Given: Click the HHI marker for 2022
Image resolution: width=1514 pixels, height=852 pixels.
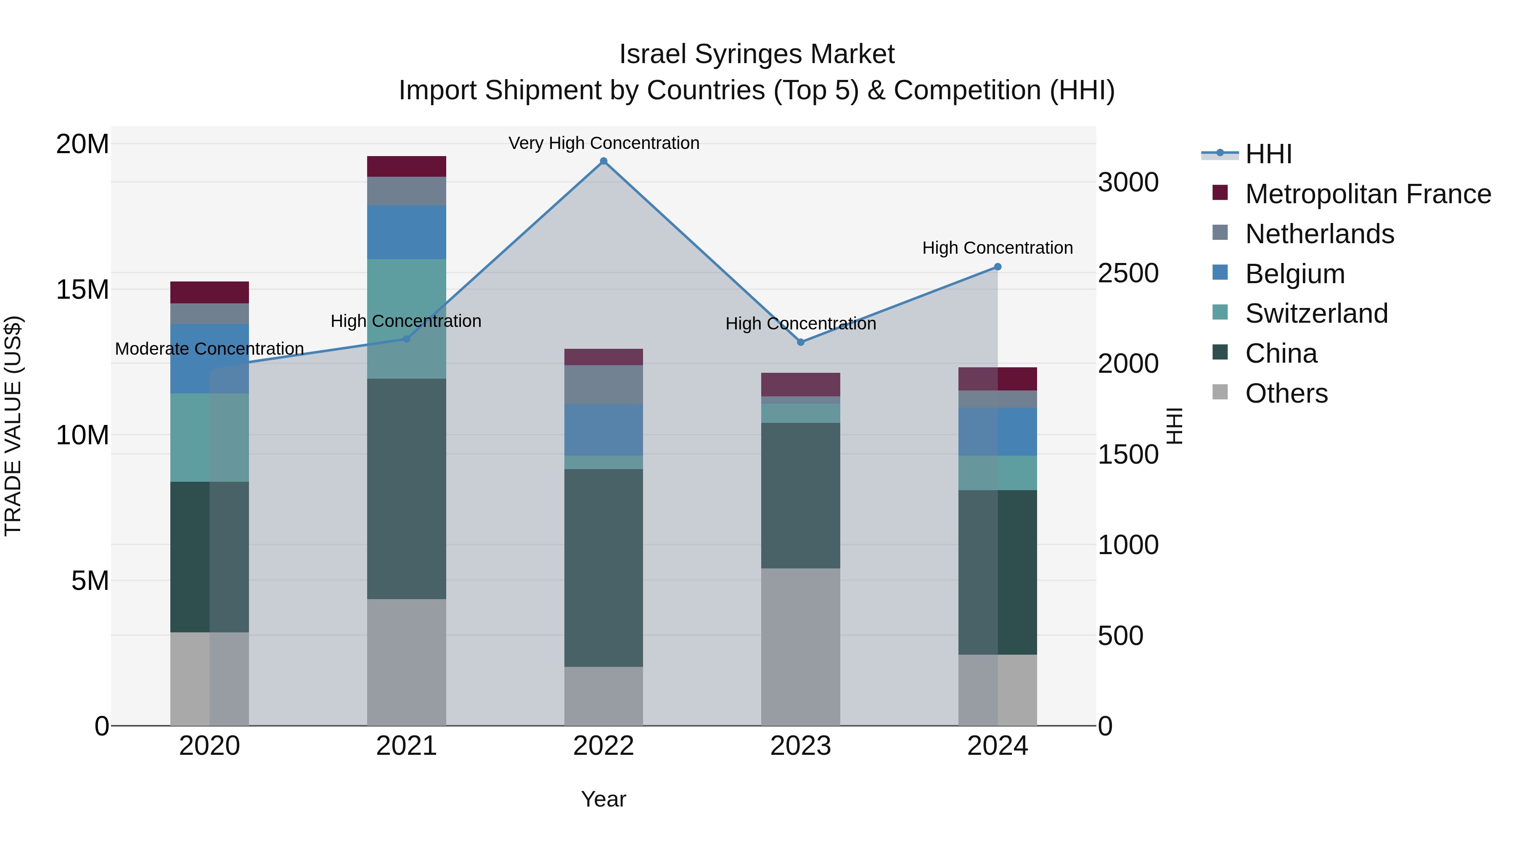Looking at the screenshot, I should click(x=603, y=161).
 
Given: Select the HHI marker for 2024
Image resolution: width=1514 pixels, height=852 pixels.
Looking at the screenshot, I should click(x=998, y=267).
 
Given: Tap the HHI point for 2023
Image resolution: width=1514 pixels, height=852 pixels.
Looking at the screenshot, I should click(x=800, y=342).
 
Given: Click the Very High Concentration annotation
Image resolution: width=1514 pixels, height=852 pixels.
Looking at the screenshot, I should click(x=603, y=143).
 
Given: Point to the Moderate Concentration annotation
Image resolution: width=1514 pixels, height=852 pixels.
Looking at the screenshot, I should click(x=209, y=349).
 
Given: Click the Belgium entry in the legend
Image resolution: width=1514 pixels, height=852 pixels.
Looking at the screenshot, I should click(x=1295, y=274).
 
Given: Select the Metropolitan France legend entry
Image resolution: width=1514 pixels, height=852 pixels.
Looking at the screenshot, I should click(x=1368, y=194).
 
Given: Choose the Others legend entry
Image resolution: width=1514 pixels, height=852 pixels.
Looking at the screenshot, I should click(x=1286, y=393).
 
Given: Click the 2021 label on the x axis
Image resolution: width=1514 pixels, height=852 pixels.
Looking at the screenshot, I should click(x=406, y=746).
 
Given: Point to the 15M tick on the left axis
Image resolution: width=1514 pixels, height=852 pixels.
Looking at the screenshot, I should click(x=82, y=289).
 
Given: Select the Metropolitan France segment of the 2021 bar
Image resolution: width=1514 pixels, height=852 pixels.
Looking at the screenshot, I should click(x=406, y=166).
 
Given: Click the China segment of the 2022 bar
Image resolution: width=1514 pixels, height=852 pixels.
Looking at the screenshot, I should click(x=603, y=568).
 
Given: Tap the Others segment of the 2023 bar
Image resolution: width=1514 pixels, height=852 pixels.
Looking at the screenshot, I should click(x=800, y=647).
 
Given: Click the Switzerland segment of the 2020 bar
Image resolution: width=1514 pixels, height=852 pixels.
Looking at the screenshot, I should click(x=209, y=438).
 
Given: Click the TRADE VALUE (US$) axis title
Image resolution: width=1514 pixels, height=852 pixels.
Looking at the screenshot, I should click(x=13, y=426).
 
